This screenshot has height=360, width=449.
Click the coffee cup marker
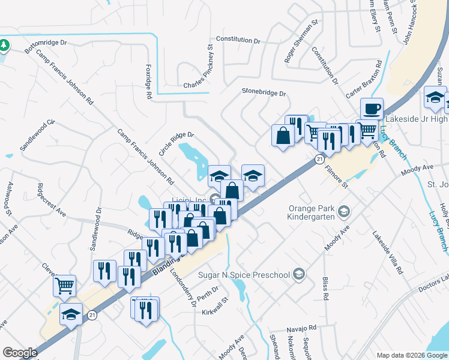pyautogui.click(x=372, y=109)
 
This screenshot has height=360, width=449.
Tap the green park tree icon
pyautogui.click(x=4, y=45)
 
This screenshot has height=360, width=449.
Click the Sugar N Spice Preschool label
pyautogui.click(x=245, y=275)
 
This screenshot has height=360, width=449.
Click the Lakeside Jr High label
pyautogui.click(x=417, y=118)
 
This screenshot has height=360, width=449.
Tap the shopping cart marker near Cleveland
pyautogui.click(x=64, y=286)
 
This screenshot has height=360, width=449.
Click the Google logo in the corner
pyautogui.click(x=20, y=353)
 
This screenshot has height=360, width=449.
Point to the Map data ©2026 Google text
pyautogui.click(x=412, y=355)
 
